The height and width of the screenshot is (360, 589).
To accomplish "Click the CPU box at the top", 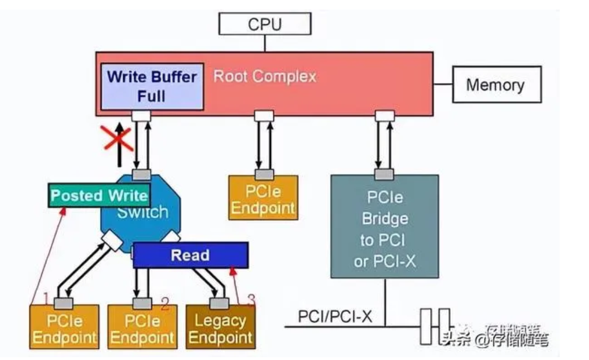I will point(264,25).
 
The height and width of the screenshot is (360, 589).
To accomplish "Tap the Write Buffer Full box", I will point(151,85).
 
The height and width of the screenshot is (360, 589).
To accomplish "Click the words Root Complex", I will point(264,76).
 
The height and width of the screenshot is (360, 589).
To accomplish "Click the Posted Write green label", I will point(99,196).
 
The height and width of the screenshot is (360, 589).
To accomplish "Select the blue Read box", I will point(190,255).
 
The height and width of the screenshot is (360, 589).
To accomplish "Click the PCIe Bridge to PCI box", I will point(384,226).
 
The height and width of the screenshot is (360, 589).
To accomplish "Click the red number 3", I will point(251,299).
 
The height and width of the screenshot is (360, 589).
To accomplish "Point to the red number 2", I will point(165,305).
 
